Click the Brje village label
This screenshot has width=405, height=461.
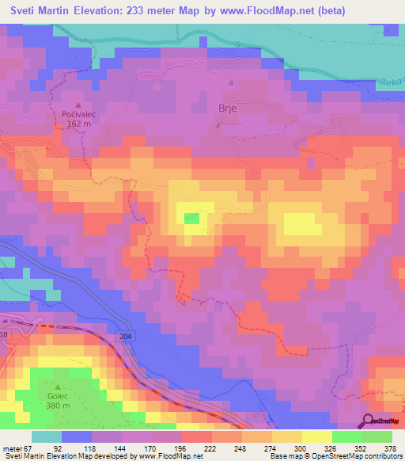[228, 108]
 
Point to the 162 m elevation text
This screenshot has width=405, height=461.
[78, 124]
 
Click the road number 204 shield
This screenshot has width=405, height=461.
[128, 336]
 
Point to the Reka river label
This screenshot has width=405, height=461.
[392, 79]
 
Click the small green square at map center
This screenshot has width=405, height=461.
[191, 218]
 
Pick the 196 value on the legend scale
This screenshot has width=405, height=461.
[168, 447]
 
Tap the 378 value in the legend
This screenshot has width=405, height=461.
[390, 447]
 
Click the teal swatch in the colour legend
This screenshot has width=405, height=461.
[47, 436]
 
